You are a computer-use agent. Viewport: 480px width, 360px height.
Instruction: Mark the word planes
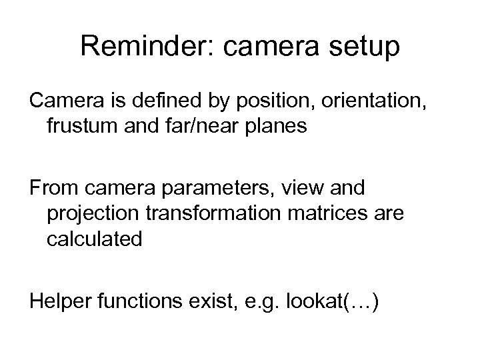click(281, 127)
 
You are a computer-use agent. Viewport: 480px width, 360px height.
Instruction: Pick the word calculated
click(94, 239)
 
